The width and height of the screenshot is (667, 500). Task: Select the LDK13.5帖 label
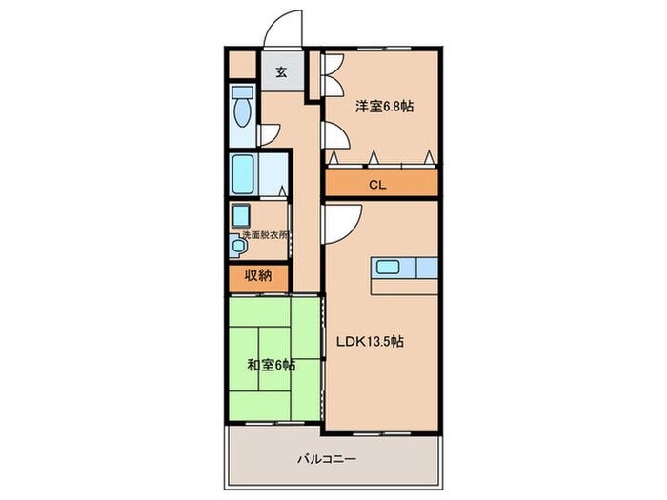point(366,341)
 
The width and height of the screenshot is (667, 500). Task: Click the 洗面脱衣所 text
point(258,234)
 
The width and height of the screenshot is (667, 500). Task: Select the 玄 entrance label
point(281,71)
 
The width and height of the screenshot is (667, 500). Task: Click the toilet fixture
point(242,110)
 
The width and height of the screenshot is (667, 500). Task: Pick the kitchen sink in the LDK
point(390,267)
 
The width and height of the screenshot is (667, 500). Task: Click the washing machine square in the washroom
point(241,213)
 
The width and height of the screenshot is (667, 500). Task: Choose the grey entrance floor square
point(281,72)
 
